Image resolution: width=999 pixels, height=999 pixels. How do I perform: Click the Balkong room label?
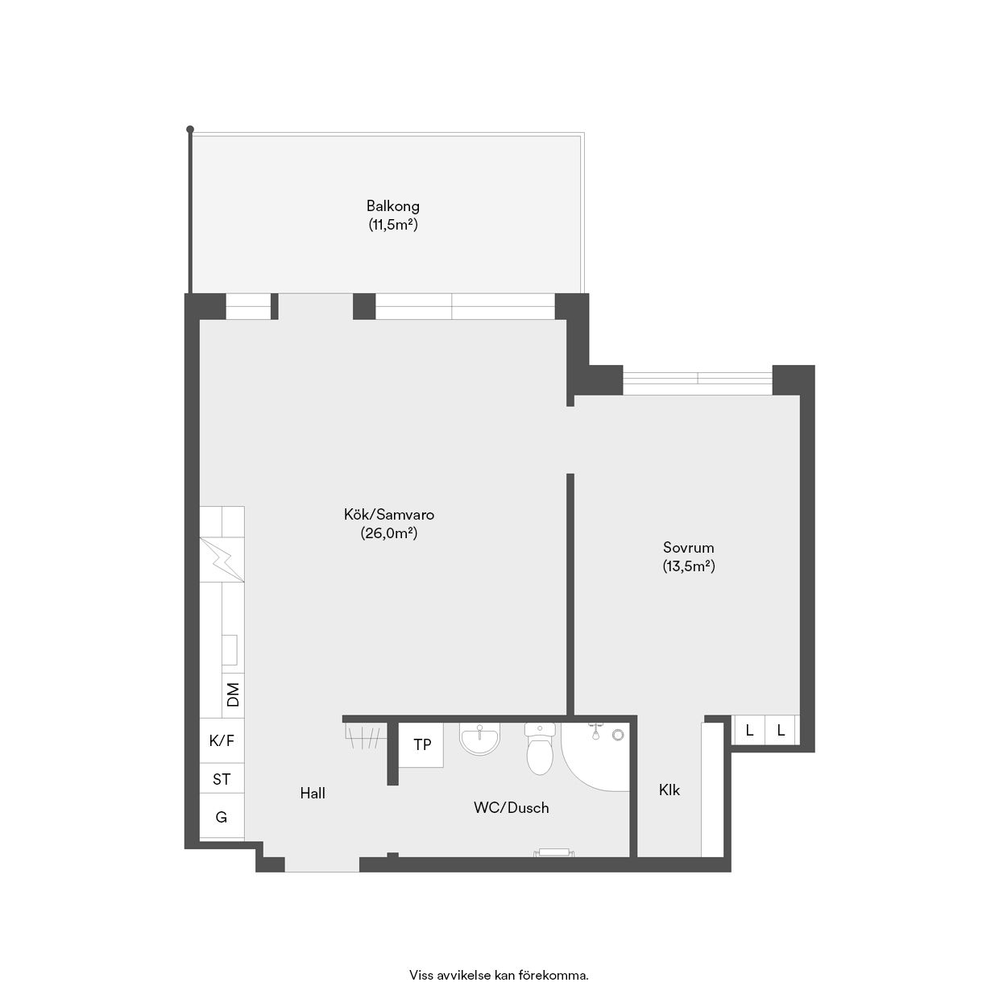pos(393,206)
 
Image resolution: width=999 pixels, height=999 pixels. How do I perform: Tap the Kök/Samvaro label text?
pos(389,515)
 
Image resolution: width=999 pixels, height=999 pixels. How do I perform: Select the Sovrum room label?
pos(689,548)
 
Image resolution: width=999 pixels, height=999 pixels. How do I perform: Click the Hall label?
pos(313,794)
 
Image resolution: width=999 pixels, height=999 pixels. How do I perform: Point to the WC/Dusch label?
pos(511,808)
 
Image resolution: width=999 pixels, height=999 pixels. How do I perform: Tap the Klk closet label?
pos(669,790)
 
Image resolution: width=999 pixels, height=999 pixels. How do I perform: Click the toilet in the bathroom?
pos(540,748)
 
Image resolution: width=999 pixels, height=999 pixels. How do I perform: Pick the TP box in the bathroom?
pos(422,745)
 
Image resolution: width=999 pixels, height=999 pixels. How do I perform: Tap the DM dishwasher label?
pos(234,694)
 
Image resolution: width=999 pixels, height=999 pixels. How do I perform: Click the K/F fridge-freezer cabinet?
pos(222,741)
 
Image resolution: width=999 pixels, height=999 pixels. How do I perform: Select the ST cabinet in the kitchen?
pos(222,779)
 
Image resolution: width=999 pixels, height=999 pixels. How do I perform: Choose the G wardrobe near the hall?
pos(222,817)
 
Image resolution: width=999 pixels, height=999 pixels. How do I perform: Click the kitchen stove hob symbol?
pos(222,559)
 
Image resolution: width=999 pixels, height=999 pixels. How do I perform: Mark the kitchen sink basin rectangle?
pos(230,650)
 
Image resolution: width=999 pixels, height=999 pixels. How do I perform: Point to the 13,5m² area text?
pos(689,566)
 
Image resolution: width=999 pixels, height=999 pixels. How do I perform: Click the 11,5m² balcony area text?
pos(393,225)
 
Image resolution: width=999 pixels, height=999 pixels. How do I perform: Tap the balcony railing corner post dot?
pos(190,129)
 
